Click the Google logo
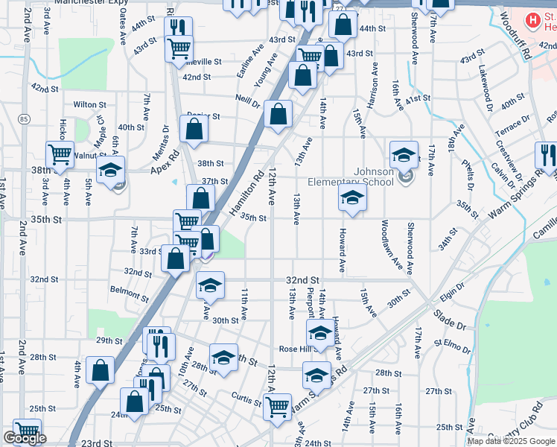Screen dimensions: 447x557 coord(25,439)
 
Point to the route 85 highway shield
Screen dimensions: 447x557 coord(25,118)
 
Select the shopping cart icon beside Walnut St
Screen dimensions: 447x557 coord(60,155)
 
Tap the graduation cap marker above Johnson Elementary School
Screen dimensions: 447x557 coord(404,154)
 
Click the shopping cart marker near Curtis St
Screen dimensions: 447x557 coord(277,407)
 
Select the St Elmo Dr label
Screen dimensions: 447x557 coord(453,346)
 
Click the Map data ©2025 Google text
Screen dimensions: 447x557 coord(510,441)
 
